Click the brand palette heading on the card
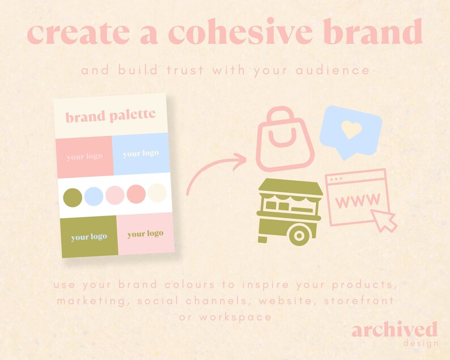[110, 117]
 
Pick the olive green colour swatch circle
[72, 197]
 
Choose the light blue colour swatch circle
[94, 197]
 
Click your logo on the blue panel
[141, 154]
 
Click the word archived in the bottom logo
[394, 331]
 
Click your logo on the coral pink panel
[84, 156]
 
